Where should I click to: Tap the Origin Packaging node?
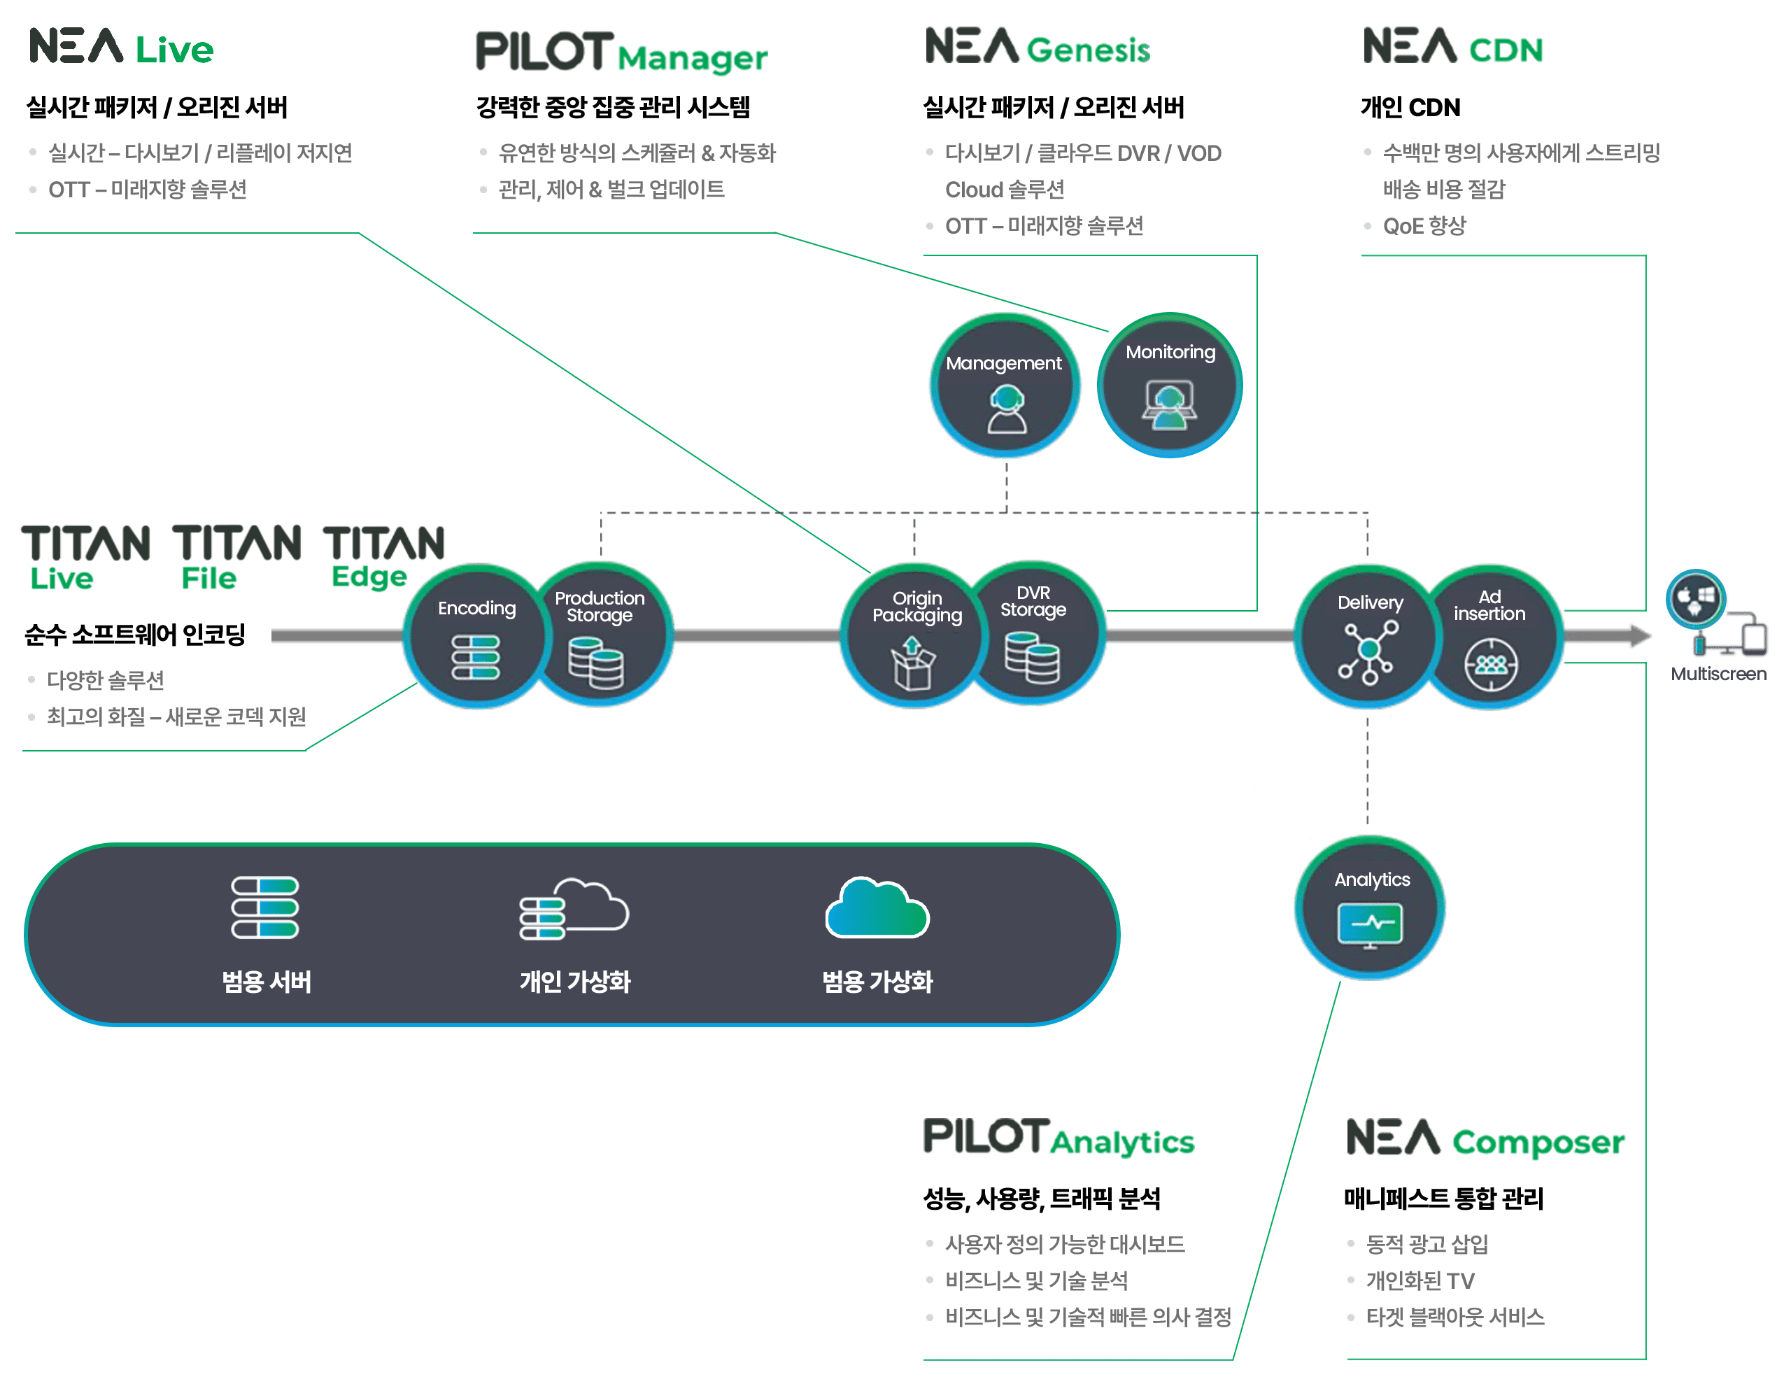[914, 636]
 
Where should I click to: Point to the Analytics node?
[1370, 908]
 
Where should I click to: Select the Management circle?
[1005, 386]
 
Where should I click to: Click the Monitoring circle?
[1169, 386]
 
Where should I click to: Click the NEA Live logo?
[121, 47]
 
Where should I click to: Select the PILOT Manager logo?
[621, 52]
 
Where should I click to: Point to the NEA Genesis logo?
[1038, 47]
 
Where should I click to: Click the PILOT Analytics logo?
[1059, 1138]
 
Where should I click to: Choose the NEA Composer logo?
[1485, 1138]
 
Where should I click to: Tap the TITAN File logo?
[236, 556]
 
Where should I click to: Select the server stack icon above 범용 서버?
[264, 908]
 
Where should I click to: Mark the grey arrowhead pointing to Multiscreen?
[1638, 636]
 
